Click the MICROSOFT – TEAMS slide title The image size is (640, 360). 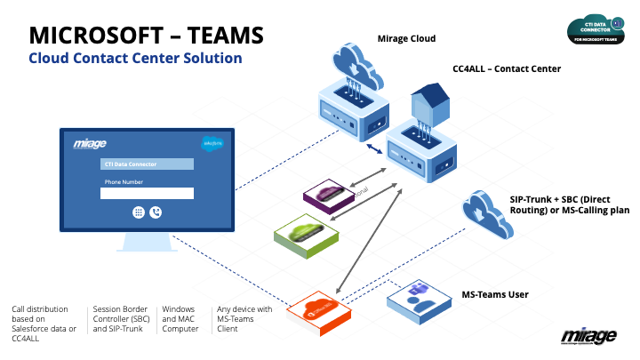146,35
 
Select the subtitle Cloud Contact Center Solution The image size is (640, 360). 135,59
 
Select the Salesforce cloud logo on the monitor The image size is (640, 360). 212,142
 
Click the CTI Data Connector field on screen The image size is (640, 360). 147,164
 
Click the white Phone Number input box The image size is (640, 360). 147,193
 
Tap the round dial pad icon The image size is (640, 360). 139,212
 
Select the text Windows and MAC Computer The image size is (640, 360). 180,320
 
